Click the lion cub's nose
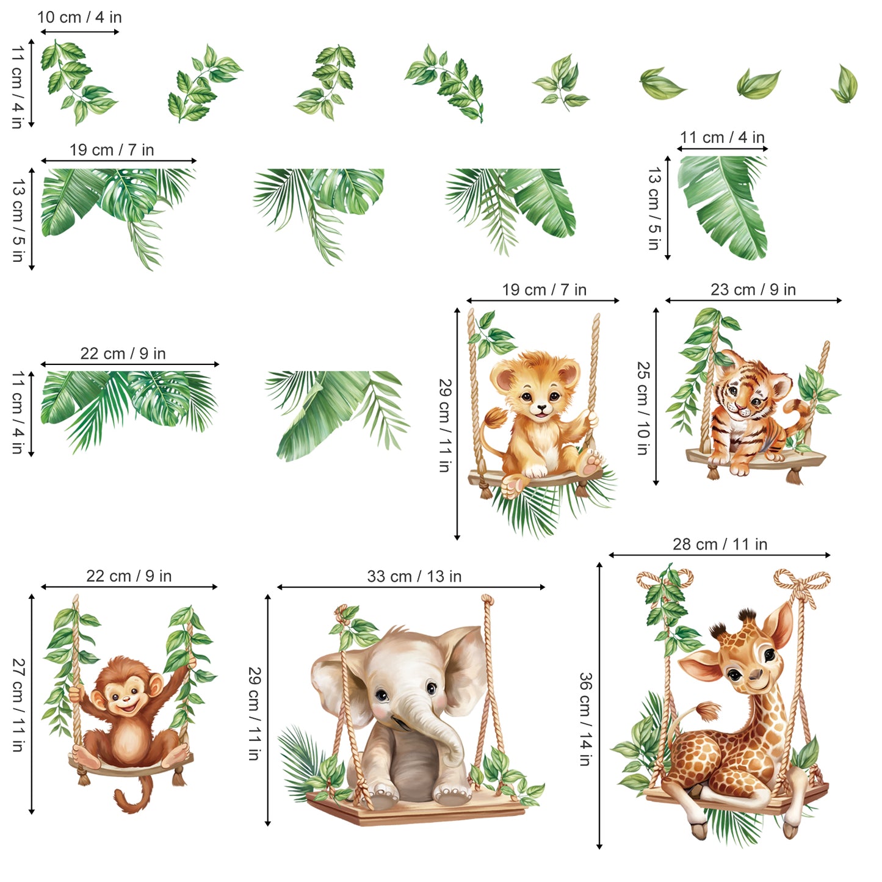541,407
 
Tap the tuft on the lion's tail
496,419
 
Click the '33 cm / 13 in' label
414,576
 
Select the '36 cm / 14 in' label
586,719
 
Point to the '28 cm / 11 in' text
720,544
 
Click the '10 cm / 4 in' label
79,17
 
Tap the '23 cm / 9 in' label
753,289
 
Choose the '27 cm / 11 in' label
18,705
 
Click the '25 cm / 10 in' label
643,408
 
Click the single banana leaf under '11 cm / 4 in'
723,208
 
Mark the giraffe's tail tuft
708,712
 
